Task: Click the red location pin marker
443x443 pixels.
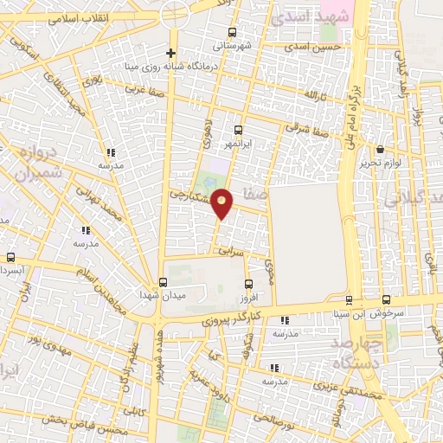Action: click(x=222, y=204)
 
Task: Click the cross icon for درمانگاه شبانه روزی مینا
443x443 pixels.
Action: click(x=172, y=53)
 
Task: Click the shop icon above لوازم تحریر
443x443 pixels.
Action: click(x=381, y=150)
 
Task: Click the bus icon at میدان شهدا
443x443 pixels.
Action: click(x=162, y=282)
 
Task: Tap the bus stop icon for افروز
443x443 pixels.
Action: click(x=249, y=284)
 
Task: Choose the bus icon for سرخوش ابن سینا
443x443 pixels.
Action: click(x=349, y=300)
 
